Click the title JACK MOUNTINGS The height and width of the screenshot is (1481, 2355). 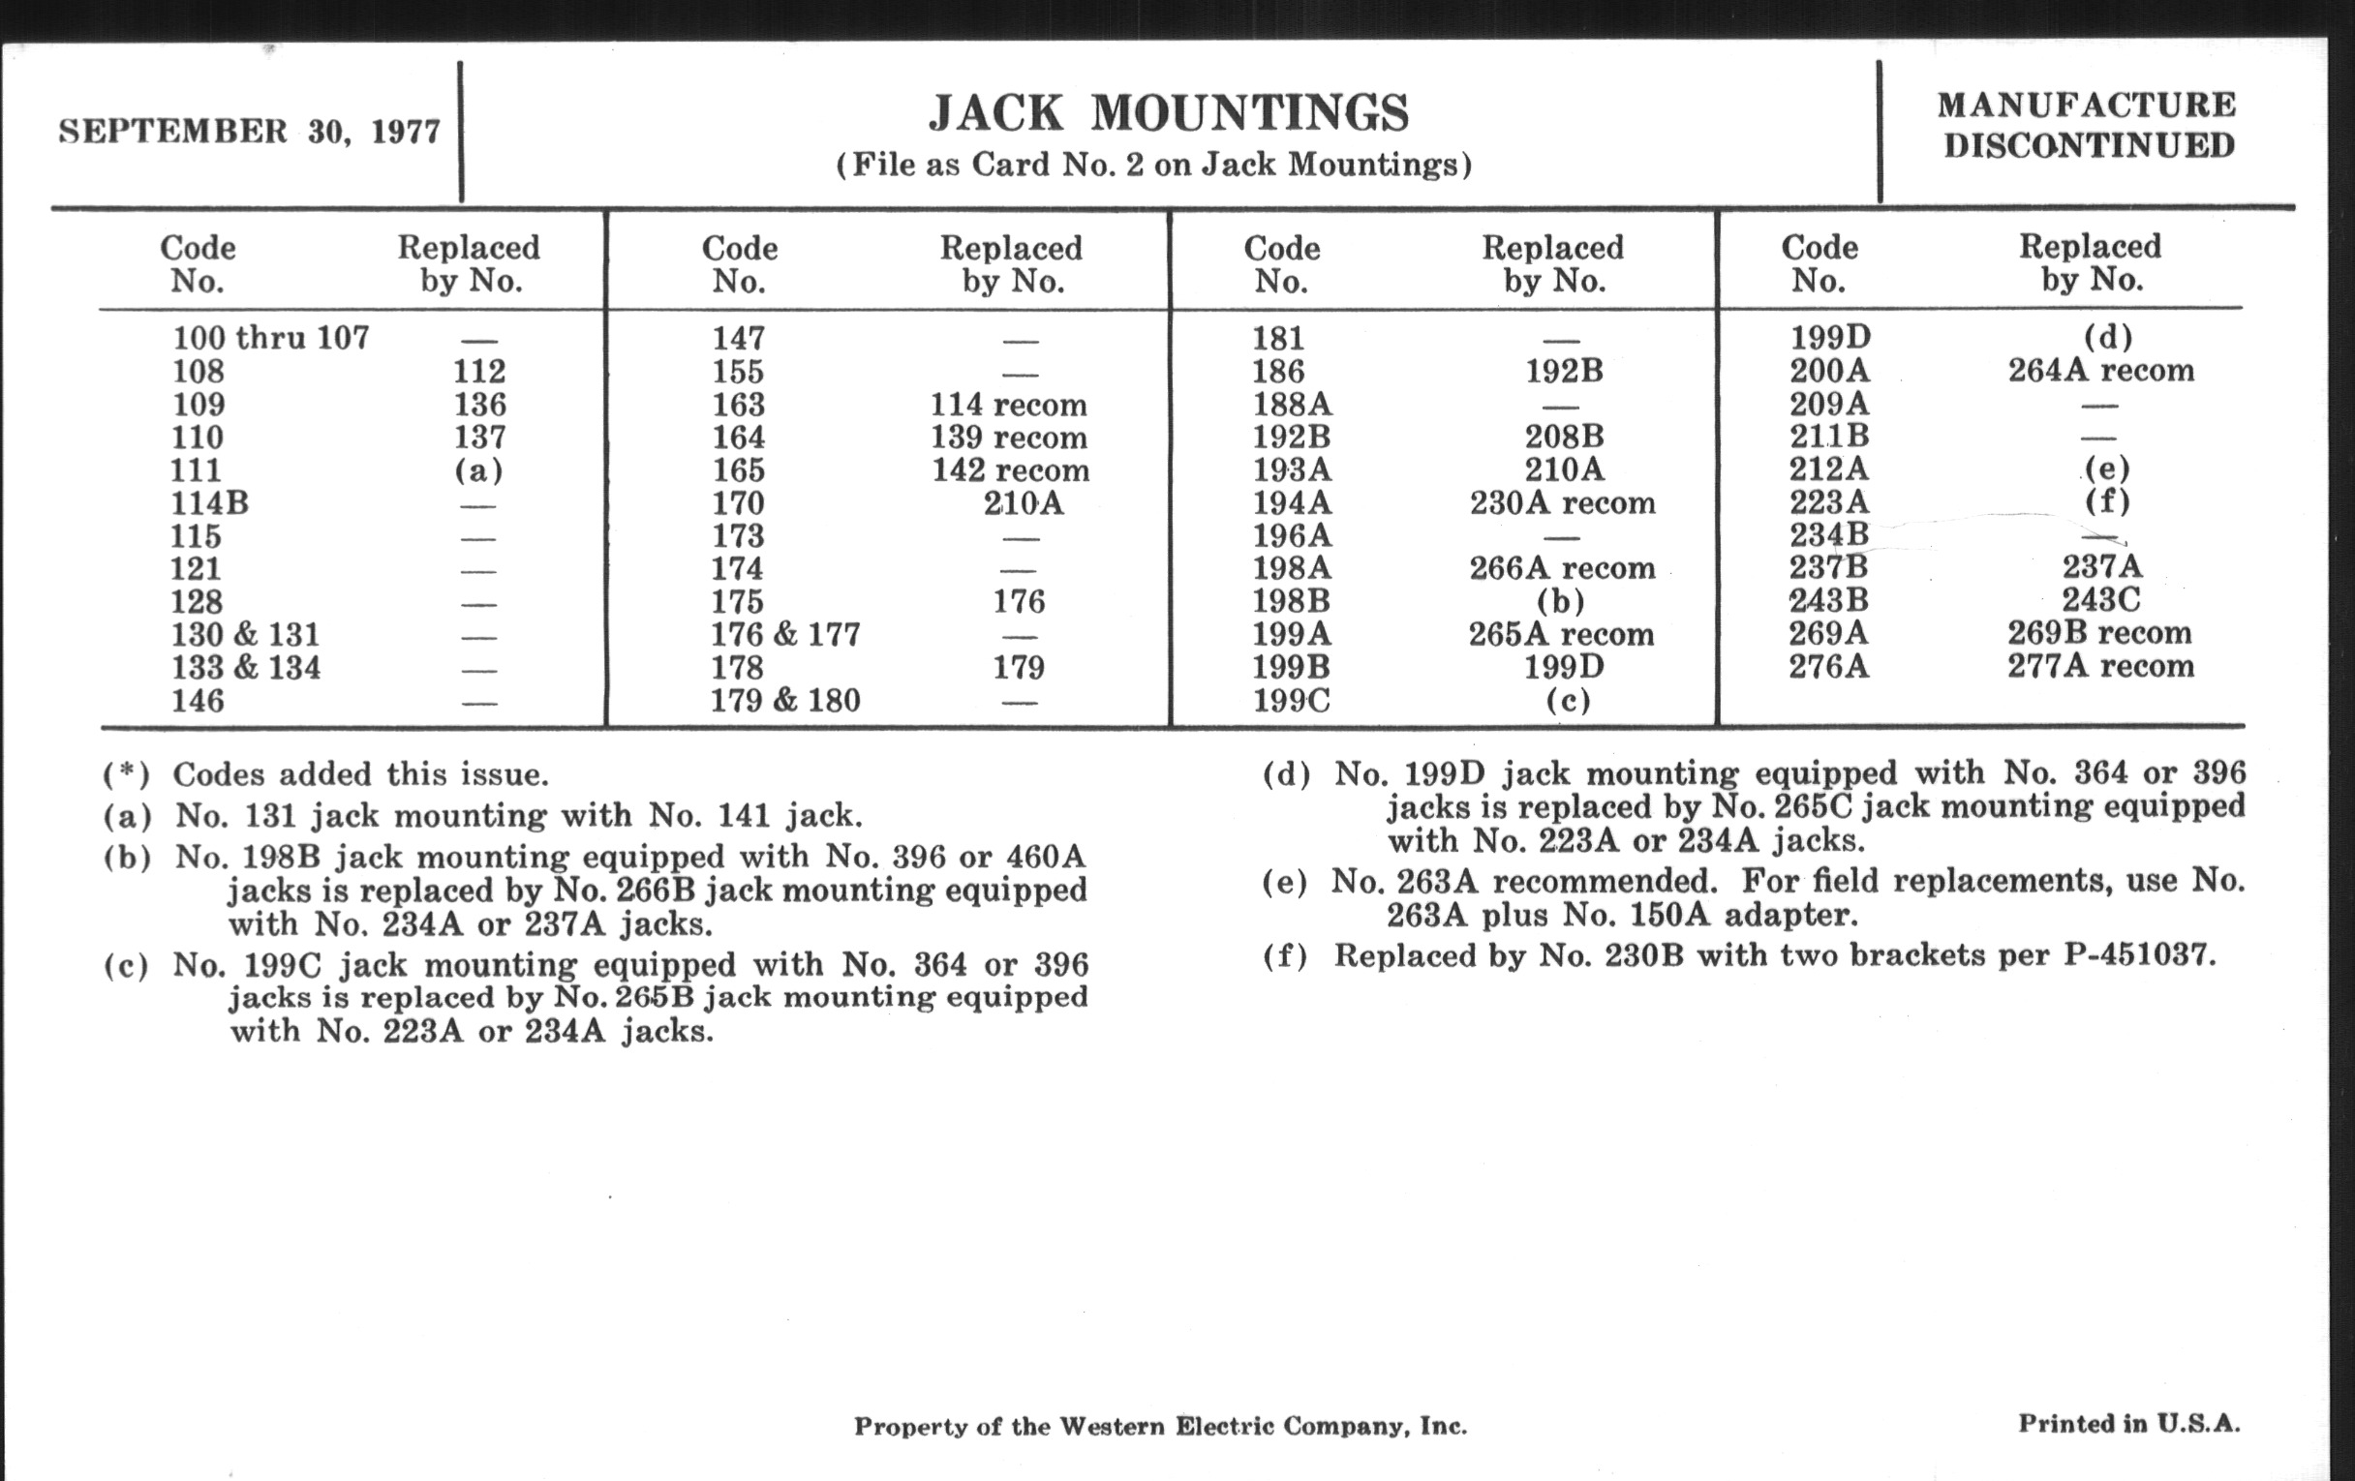(x=1169, y=113)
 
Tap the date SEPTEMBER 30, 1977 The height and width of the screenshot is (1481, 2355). (x=250, y=132)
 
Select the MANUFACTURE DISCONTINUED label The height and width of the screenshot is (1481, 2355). (x=2087, y=125)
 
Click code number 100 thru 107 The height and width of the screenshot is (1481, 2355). (x=271, y=338)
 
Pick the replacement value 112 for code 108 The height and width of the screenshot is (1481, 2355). (x=479, y=372)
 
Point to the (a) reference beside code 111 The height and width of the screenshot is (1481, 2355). (x=478, y=470)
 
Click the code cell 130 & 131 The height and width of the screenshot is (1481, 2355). (x=246, y=634)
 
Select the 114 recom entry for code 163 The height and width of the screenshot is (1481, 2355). (x=1008, y=405)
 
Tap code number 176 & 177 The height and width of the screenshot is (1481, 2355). (x=785, y=634)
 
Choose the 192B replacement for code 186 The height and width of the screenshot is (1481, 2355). (x=1564, y=372)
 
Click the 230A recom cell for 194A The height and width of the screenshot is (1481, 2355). (x=1562, y=503)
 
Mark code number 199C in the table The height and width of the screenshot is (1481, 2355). (x=1291, y=701)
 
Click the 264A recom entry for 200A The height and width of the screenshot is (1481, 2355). (x=2100, y=371)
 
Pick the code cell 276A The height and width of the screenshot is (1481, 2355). (x=1828, y=667)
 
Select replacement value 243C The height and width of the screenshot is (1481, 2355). (x=2100, y=599)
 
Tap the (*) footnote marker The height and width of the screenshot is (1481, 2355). (x=126, y=775)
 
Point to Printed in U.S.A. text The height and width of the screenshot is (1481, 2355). (x=2129, y=1423)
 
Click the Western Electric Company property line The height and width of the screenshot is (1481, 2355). (x=1160, y=1426)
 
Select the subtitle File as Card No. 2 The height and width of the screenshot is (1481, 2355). (x=1154, y=165)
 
